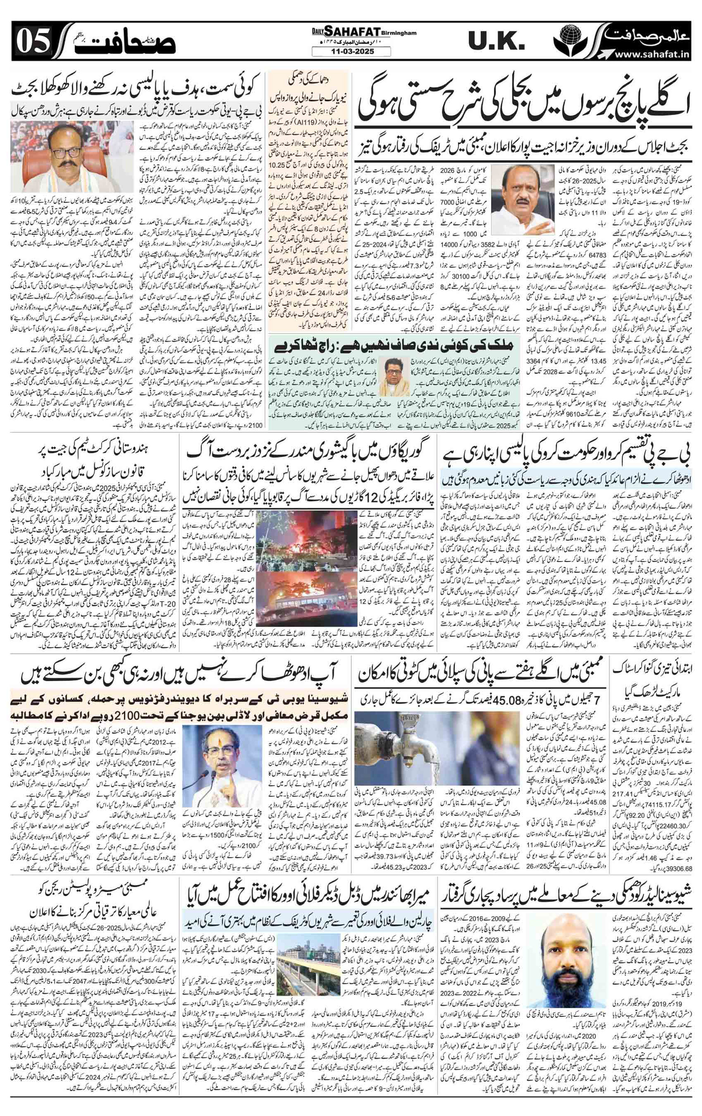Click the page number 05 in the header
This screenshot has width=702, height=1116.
coord(33,43)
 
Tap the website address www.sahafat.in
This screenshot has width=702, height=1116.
coord(649,55)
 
